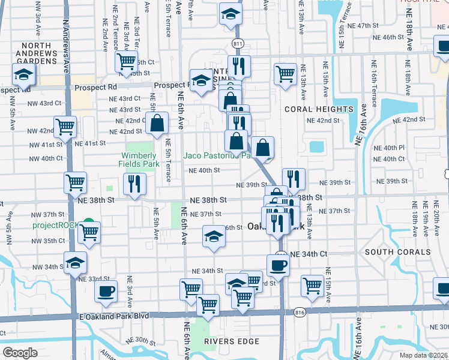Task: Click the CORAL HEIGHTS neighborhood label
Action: click(310, 109)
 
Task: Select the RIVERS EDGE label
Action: click(232, 341)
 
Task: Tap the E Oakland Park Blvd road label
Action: click(113, 315)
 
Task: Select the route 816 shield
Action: click(300, 312)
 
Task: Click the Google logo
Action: click(20, 353)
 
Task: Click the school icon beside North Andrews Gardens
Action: click(24, 74)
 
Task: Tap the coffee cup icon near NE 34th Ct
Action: click(279, 265)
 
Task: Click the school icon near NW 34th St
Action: click(76, 263)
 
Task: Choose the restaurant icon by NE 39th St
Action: click(294, 179)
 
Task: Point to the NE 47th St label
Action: click(369, 26)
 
